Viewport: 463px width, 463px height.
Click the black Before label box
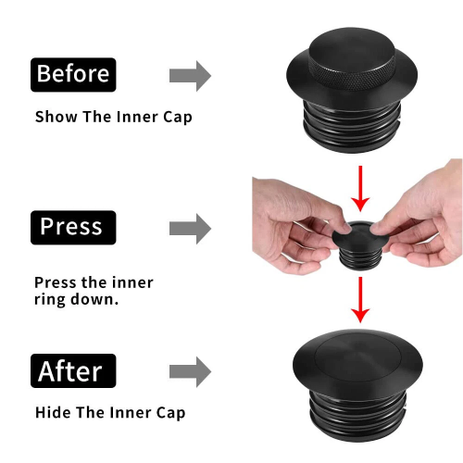(x=73, y=75)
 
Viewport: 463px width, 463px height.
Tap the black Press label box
(x=73, y=228)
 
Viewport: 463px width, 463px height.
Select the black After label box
(x=73, y=370)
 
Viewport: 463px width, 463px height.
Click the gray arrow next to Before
(x=190, y=76)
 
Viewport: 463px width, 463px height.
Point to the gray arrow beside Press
(x=190, y=229)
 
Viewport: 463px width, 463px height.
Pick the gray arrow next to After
(x=190, y=372)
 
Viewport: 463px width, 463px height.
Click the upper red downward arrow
(x=360, y=188)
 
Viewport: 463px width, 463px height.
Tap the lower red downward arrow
(x=360, y=299)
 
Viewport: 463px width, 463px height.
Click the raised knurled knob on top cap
(x=352, y=58)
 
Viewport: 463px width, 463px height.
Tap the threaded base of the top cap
(x=352, y=127)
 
